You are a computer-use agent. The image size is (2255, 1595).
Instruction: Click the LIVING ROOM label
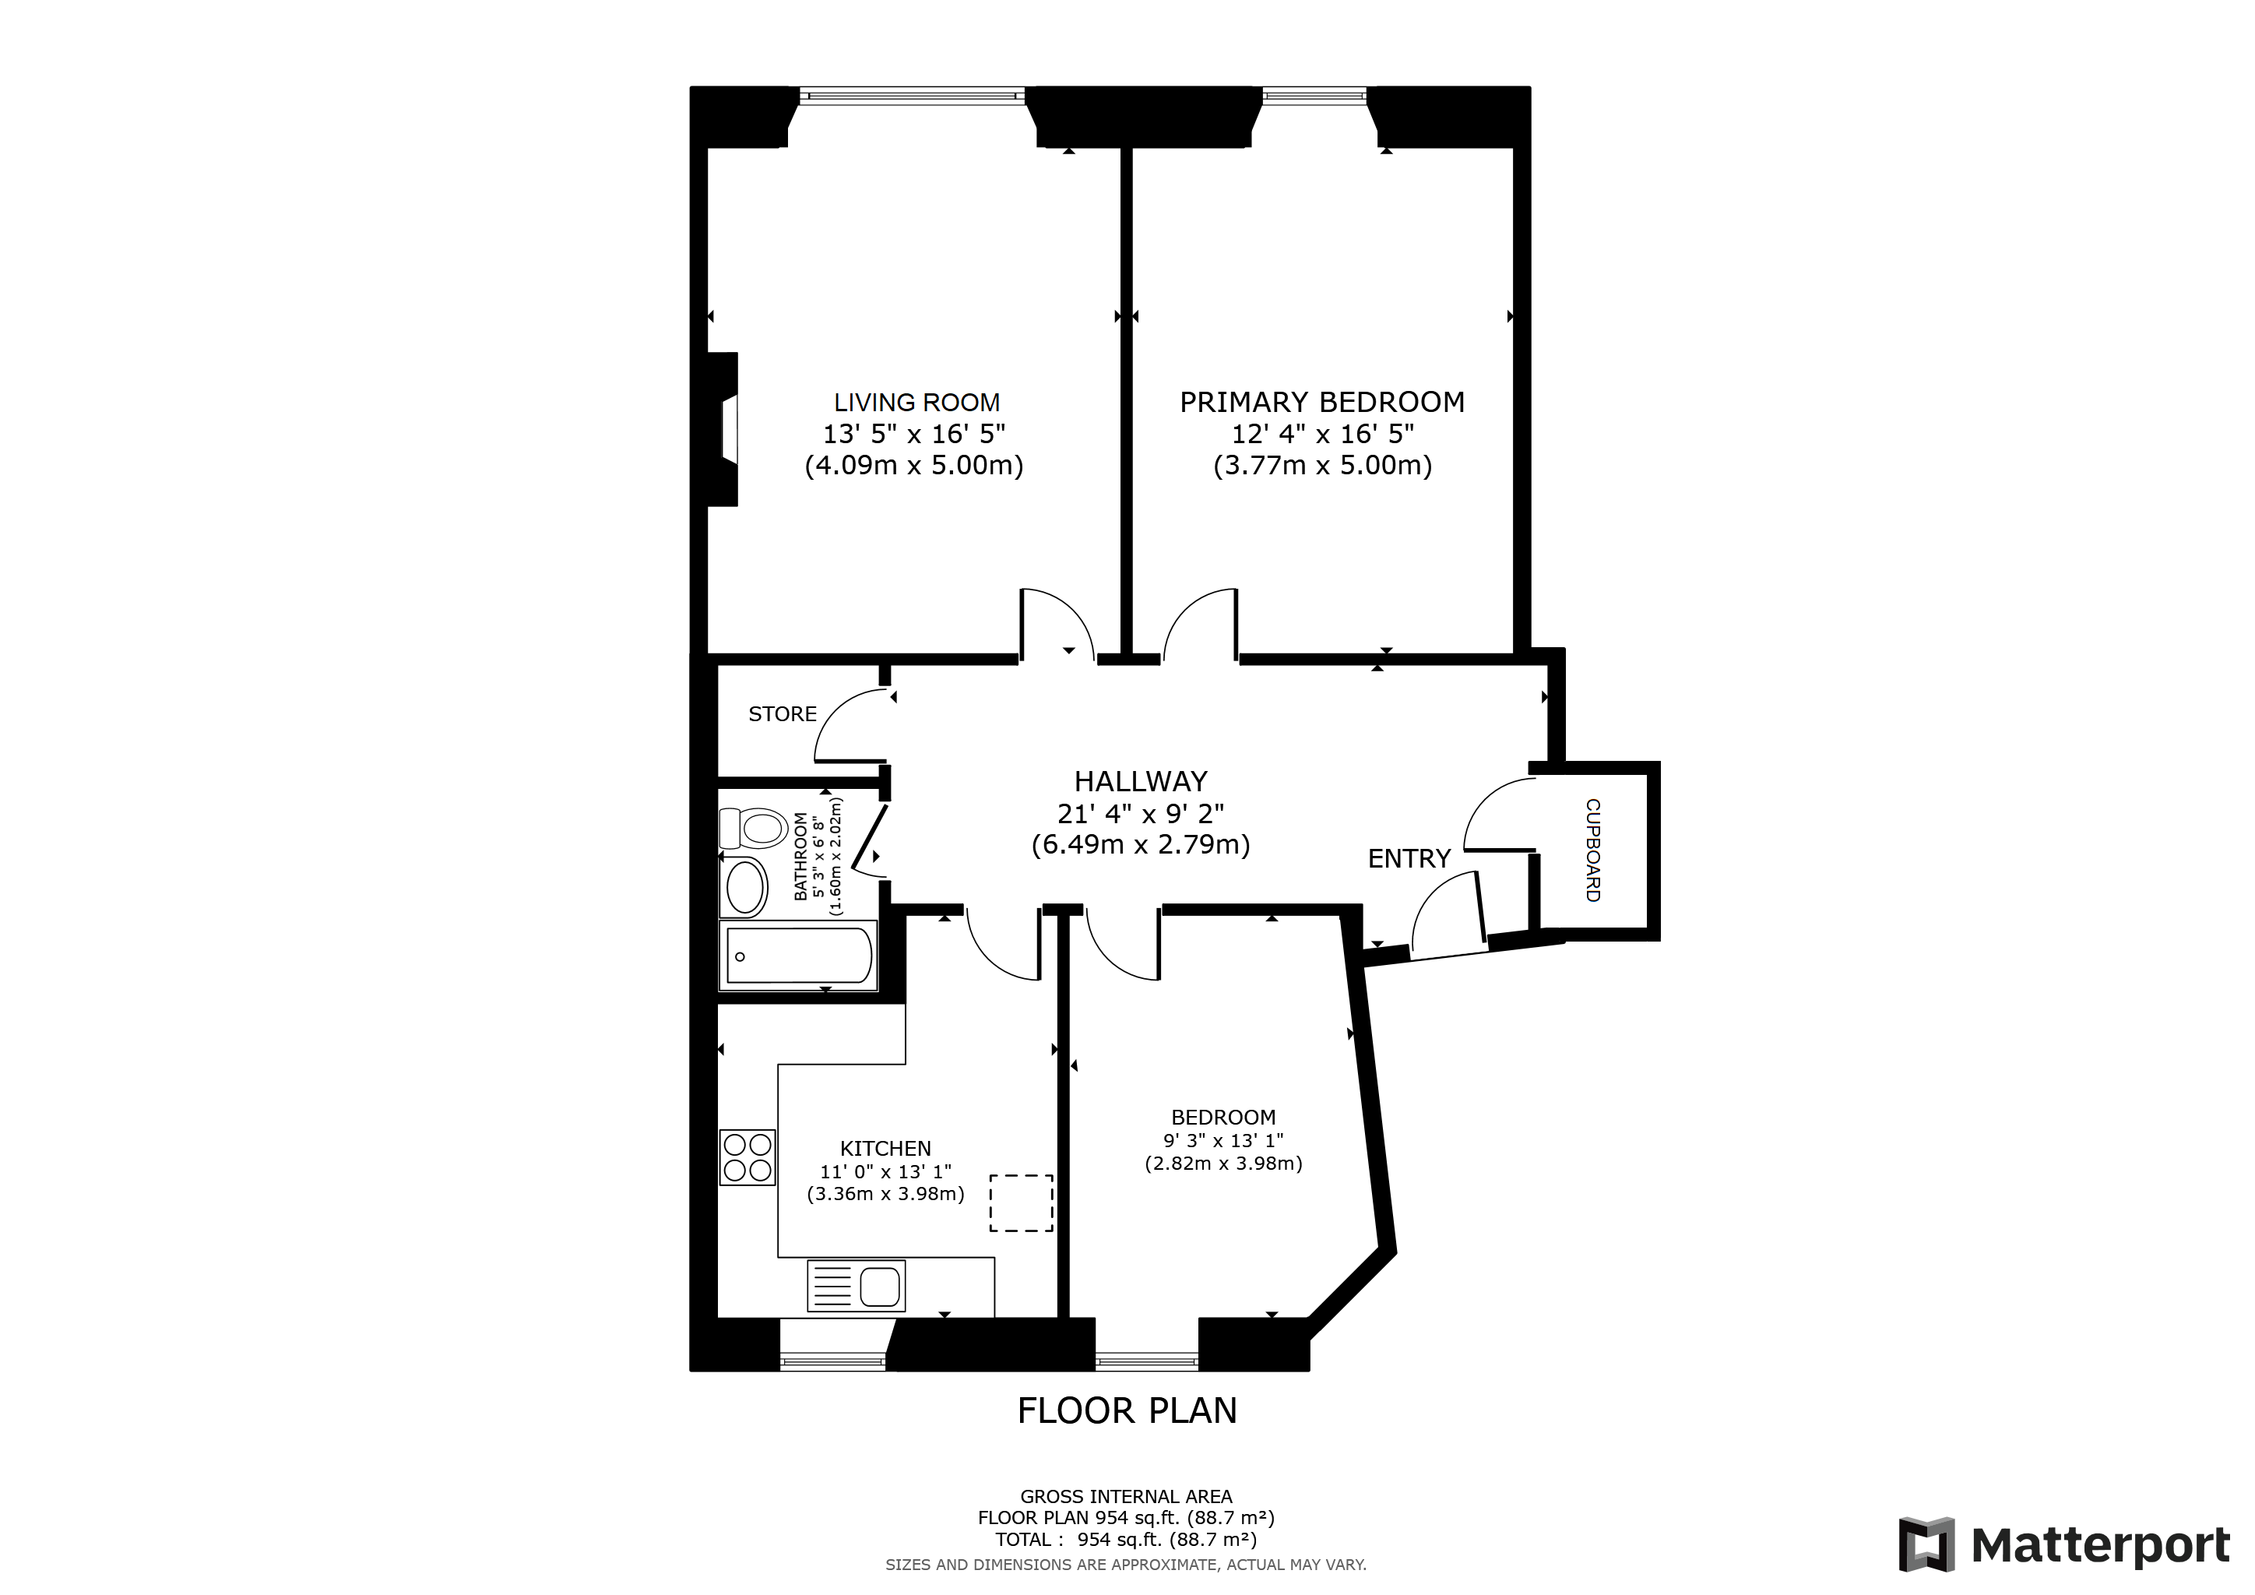coord(916,403)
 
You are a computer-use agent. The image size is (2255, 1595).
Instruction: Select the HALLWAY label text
coord(1140,782)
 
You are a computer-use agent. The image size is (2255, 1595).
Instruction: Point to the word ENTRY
coord(1409,858)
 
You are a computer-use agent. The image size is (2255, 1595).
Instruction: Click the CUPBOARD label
coord(1592,850)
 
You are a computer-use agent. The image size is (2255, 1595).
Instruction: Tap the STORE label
coord(782,714)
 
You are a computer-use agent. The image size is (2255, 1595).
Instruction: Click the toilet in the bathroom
coord(753,828)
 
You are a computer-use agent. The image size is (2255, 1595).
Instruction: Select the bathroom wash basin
coord(745,887)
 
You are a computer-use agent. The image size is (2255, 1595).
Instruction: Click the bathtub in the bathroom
coord(798,956)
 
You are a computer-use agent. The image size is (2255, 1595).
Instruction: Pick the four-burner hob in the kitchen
coord(748,1157)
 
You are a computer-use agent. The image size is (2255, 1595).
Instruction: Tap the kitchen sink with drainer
coord(856,1286)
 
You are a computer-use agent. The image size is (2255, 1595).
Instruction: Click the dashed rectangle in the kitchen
coord(1021,1203)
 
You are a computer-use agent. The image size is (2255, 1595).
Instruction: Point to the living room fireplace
coord(725,429)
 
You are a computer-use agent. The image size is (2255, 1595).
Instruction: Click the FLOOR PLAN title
coord(1127,1410)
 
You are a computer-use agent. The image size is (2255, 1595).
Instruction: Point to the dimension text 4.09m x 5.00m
coord(913,466)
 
